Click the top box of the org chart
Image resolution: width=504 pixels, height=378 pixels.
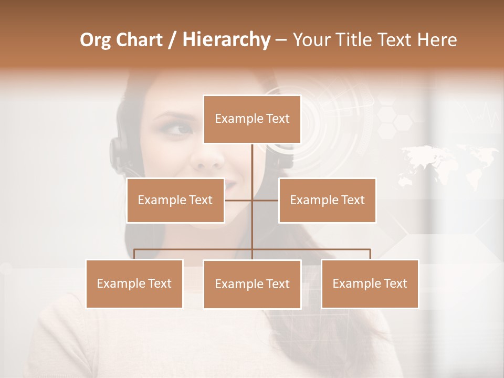pos(252,119)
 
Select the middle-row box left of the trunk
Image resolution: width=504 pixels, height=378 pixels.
pos(175,200)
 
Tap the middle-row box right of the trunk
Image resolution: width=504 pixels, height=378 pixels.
pos(327,200)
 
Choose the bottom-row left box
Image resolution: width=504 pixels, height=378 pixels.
pos(134,283)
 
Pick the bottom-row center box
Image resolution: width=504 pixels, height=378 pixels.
pos(252,284)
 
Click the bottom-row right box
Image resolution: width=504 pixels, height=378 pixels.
pos(370,283)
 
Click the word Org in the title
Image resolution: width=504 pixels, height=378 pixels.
pos(96,40)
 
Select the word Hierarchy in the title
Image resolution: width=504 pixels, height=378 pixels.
pos(226,40)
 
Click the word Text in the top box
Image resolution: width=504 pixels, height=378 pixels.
pos(277,119)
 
